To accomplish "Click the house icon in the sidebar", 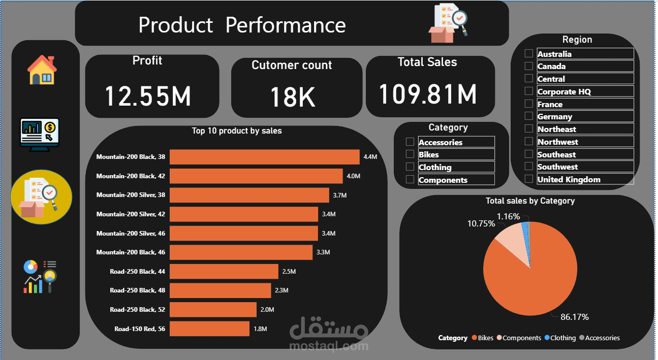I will (x=42, y=70).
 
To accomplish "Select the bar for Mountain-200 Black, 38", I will (x=264, y=157).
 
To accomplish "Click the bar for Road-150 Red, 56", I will (x=209, y=329).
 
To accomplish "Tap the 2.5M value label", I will (x=289, y=272).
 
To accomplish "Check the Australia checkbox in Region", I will (x=529, y=53).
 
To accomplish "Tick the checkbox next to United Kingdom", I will (x=529, y=179).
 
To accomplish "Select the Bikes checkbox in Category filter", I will (x=410, y=154).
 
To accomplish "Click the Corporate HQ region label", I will (x=564, y=91).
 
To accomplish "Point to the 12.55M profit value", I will (x=148, y=95).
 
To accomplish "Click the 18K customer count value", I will (x=292, y=97).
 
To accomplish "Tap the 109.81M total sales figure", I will (x=428, y=93).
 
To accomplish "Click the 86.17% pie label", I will (x=574, y=317).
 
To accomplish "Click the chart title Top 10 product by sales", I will (x=237, y=131).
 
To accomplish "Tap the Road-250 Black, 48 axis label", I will (x=137, y=290).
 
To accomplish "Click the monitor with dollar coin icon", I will (x=40, y=134).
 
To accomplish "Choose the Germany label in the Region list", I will (x=554, y=116).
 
